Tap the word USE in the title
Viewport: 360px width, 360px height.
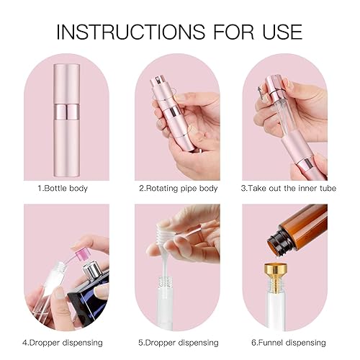point(279,32)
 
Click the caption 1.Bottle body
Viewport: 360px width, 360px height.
point(66,189)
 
